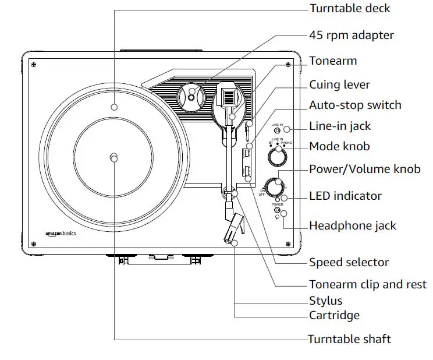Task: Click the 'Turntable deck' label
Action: (x=349, y=8)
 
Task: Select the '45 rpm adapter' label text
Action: (x=352, y=35)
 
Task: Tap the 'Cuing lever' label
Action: (x=339, y=85)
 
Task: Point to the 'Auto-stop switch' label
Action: (x=355, y=105)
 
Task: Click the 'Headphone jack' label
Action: (x=352, y=225)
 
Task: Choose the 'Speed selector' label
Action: (x=349, y=262)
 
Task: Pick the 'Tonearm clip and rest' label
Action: (x=367, y=285)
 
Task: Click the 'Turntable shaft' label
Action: (x=349, y=339)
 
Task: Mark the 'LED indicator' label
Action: (x=345, y=196)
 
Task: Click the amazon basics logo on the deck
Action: (x=61, y=234)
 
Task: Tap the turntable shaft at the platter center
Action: (x=114, y=158)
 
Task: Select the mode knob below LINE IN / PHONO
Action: (x=278, y=157)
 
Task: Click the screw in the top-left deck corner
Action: (x=34, y=64)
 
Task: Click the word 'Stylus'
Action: (x=325, y=301)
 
